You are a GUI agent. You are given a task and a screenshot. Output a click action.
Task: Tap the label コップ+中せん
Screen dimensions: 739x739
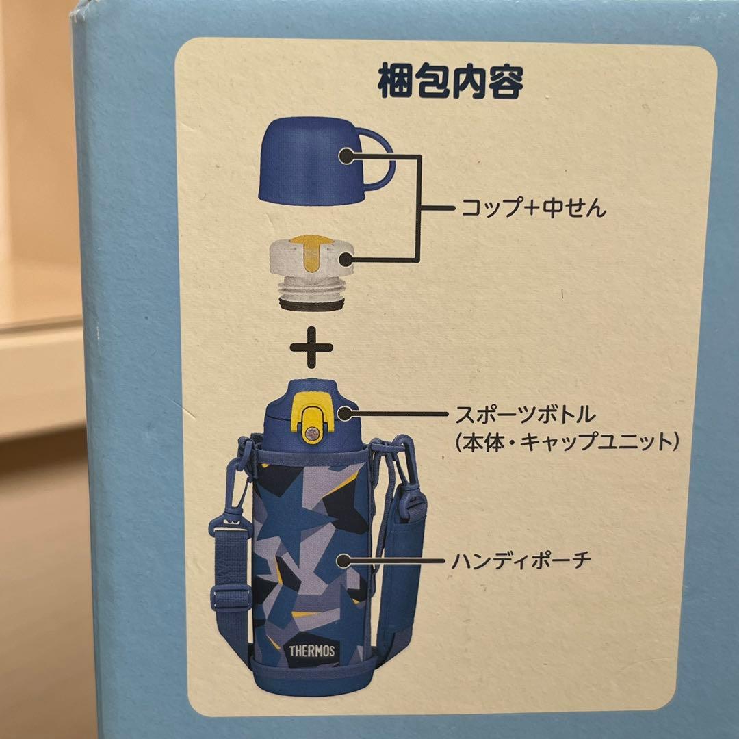point(533,208)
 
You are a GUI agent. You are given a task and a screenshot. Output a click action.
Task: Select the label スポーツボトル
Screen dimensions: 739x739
point(525,415)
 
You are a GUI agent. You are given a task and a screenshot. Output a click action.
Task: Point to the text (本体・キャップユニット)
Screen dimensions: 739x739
point(567,442)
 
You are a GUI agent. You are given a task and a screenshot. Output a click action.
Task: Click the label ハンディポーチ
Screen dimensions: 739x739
point(521,561)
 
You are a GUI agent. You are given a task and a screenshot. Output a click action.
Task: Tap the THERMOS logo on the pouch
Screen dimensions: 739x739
point(311,651)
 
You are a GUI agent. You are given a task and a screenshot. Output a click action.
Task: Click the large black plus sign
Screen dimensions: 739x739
point(311,348)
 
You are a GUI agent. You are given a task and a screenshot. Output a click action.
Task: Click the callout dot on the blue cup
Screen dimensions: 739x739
point(346,155)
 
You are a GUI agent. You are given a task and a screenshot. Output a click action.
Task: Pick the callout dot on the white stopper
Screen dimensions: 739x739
point(346,258)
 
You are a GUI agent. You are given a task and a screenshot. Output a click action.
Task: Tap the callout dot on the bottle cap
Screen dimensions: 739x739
point(344,414)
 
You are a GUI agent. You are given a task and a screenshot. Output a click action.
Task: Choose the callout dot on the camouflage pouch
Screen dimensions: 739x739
point(344,561)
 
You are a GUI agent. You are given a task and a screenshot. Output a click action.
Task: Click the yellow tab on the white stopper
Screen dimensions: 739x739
point(310,252)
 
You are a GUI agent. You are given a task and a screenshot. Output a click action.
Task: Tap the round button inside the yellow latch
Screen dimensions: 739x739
point(311,432)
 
